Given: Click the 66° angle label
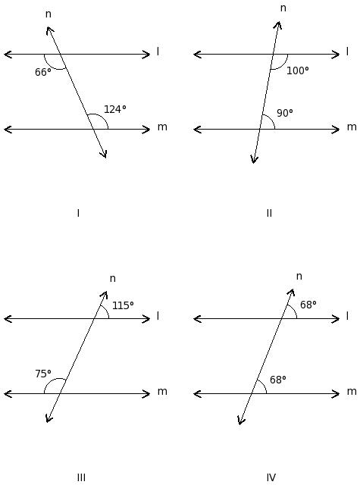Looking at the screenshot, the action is pyautogui.click(x=43, y=72).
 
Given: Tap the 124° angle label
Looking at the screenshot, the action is pyautogui.click(x=114, y=109).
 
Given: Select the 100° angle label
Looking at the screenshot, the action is pyautogui.click(x=297, y=70).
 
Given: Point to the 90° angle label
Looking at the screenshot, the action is pyautogui.click(x=285, y=113).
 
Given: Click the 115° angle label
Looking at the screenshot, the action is pyautogui.click(x=123, y=305).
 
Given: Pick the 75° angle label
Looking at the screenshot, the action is pyautogui.click(x=43, y=374).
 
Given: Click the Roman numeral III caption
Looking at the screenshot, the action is pyautogui.click(x=81, y=477).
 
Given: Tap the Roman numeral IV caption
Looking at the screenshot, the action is pyautogui.click(x=271, y=477).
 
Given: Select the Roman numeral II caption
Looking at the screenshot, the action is pyautogui.click(x=270, y=213).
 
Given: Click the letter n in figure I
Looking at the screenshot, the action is pyautogui.click(x=49, y=14).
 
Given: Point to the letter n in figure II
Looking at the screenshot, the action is pyautogui.click(x=283, y=8).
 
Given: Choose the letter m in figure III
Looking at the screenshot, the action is pyautogui.click(x=162, y=392).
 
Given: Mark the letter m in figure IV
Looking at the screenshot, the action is pyautogui.click(x=352, y=392).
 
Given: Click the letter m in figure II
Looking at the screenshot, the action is pyautogui.click(x=352, y=127).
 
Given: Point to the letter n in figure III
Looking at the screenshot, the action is pyautogui.click(x=113, y=279).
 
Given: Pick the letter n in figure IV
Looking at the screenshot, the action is pyautogui.click(x=299, y=277).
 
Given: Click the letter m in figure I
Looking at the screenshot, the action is pyautogui.click(x=162, y=127).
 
